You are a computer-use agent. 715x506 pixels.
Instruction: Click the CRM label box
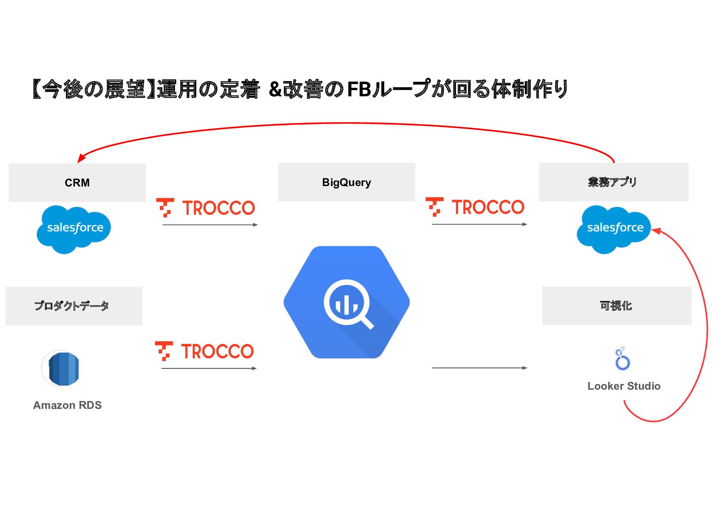(x=77, y=182)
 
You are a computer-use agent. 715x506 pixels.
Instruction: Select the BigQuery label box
(x=346, y=182)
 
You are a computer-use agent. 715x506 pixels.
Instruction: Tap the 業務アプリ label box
(x=613, y=182)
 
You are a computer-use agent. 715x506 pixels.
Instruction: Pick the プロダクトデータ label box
(x=74, y=306)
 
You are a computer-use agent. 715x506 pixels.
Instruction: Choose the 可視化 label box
(x=616, y=306)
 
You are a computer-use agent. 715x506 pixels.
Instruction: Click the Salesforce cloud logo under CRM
(x=74, y=229)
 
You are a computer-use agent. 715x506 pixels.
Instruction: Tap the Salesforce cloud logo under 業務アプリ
(x=614, y=229)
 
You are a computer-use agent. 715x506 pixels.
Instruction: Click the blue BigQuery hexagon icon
(x=346, y=302)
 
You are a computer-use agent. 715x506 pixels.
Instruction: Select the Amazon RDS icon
(x=61, y=368)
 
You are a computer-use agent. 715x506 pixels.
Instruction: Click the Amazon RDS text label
(x=67, y=405)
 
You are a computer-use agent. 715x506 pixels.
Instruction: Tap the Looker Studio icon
(x=622, y=359)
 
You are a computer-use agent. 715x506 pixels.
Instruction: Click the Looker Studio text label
(x=624, y=386)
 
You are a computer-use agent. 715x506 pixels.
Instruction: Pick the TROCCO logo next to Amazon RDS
(x=205, y=351)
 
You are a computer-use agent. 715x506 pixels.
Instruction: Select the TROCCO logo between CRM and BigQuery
(x=206, y=208)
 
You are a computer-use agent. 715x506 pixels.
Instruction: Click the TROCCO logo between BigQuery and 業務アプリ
(x=475, y=207)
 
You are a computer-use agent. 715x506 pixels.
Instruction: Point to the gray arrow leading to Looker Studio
(x=479, y=368)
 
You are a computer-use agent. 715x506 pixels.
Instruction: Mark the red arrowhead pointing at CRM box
(x=81, y=158)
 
